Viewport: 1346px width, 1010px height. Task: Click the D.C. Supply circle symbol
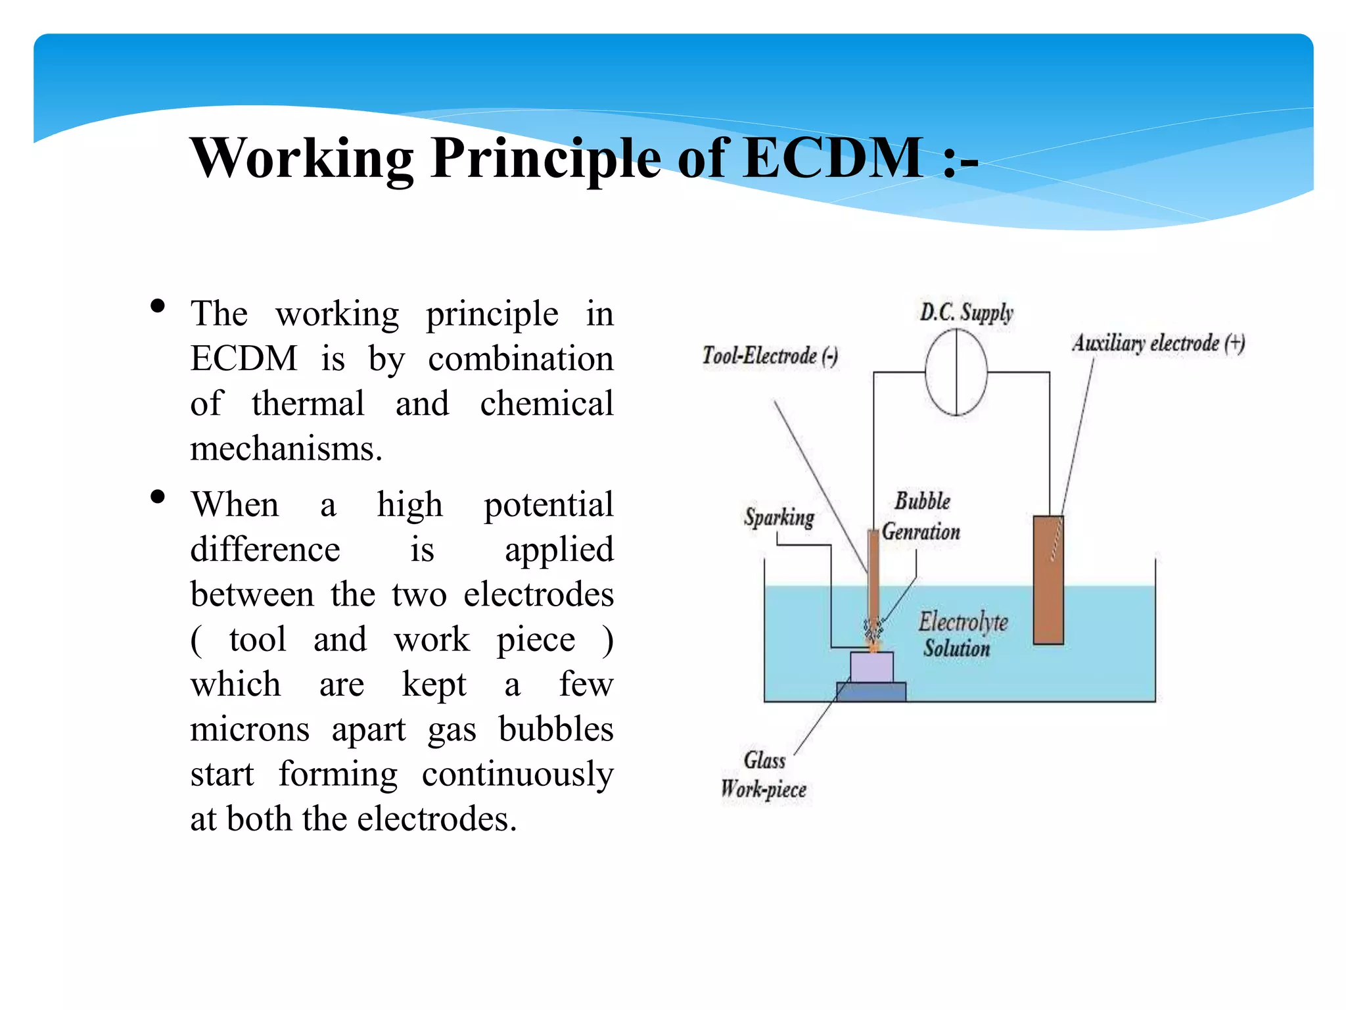pyautogui.click(x=956, y=372)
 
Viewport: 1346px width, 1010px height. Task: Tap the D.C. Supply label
pyautogui.click(x=966, y=312)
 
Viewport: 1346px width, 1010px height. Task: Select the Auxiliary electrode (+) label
pyautogui.click(x=1159, y=343)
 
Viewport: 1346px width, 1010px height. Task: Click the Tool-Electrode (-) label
pyautogui.click(x=770, y=356)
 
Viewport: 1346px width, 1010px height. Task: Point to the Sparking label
pyautogui.click(x=779, y=517)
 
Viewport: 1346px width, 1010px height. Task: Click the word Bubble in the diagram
pyautogui.click(x=922, y=501)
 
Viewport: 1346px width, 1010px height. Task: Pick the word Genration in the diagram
pyautogui.click(x=921, y=531)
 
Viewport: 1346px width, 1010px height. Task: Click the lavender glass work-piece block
pyautogui.click(x=871, y=667)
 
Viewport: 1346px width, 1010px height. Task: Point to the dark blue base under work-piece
pyautogui.click(x=871, y=692)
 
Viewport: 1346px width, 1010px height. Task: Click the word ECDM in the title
pyautogui.click(x=833, y=158)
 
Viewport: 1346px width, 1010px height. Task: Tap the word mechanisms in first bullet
pyautogui.click(x=286, y=449)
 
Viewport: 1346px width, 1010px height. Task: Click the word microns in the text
pyautogui.click(x=250, y=729)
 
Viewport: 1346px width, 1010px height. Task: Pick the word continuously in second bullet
pyautogui.click(x=517, y=775)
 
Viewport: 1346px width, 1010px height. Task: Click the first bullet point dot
pyautogui.click(x=157, y=306)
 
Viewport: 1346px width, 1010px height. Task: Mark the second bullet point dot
pyautogui.click(x=157, y=496)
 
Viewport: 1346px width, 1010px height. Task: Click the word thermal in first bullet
pyautogui.click(x=308, y=404)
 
